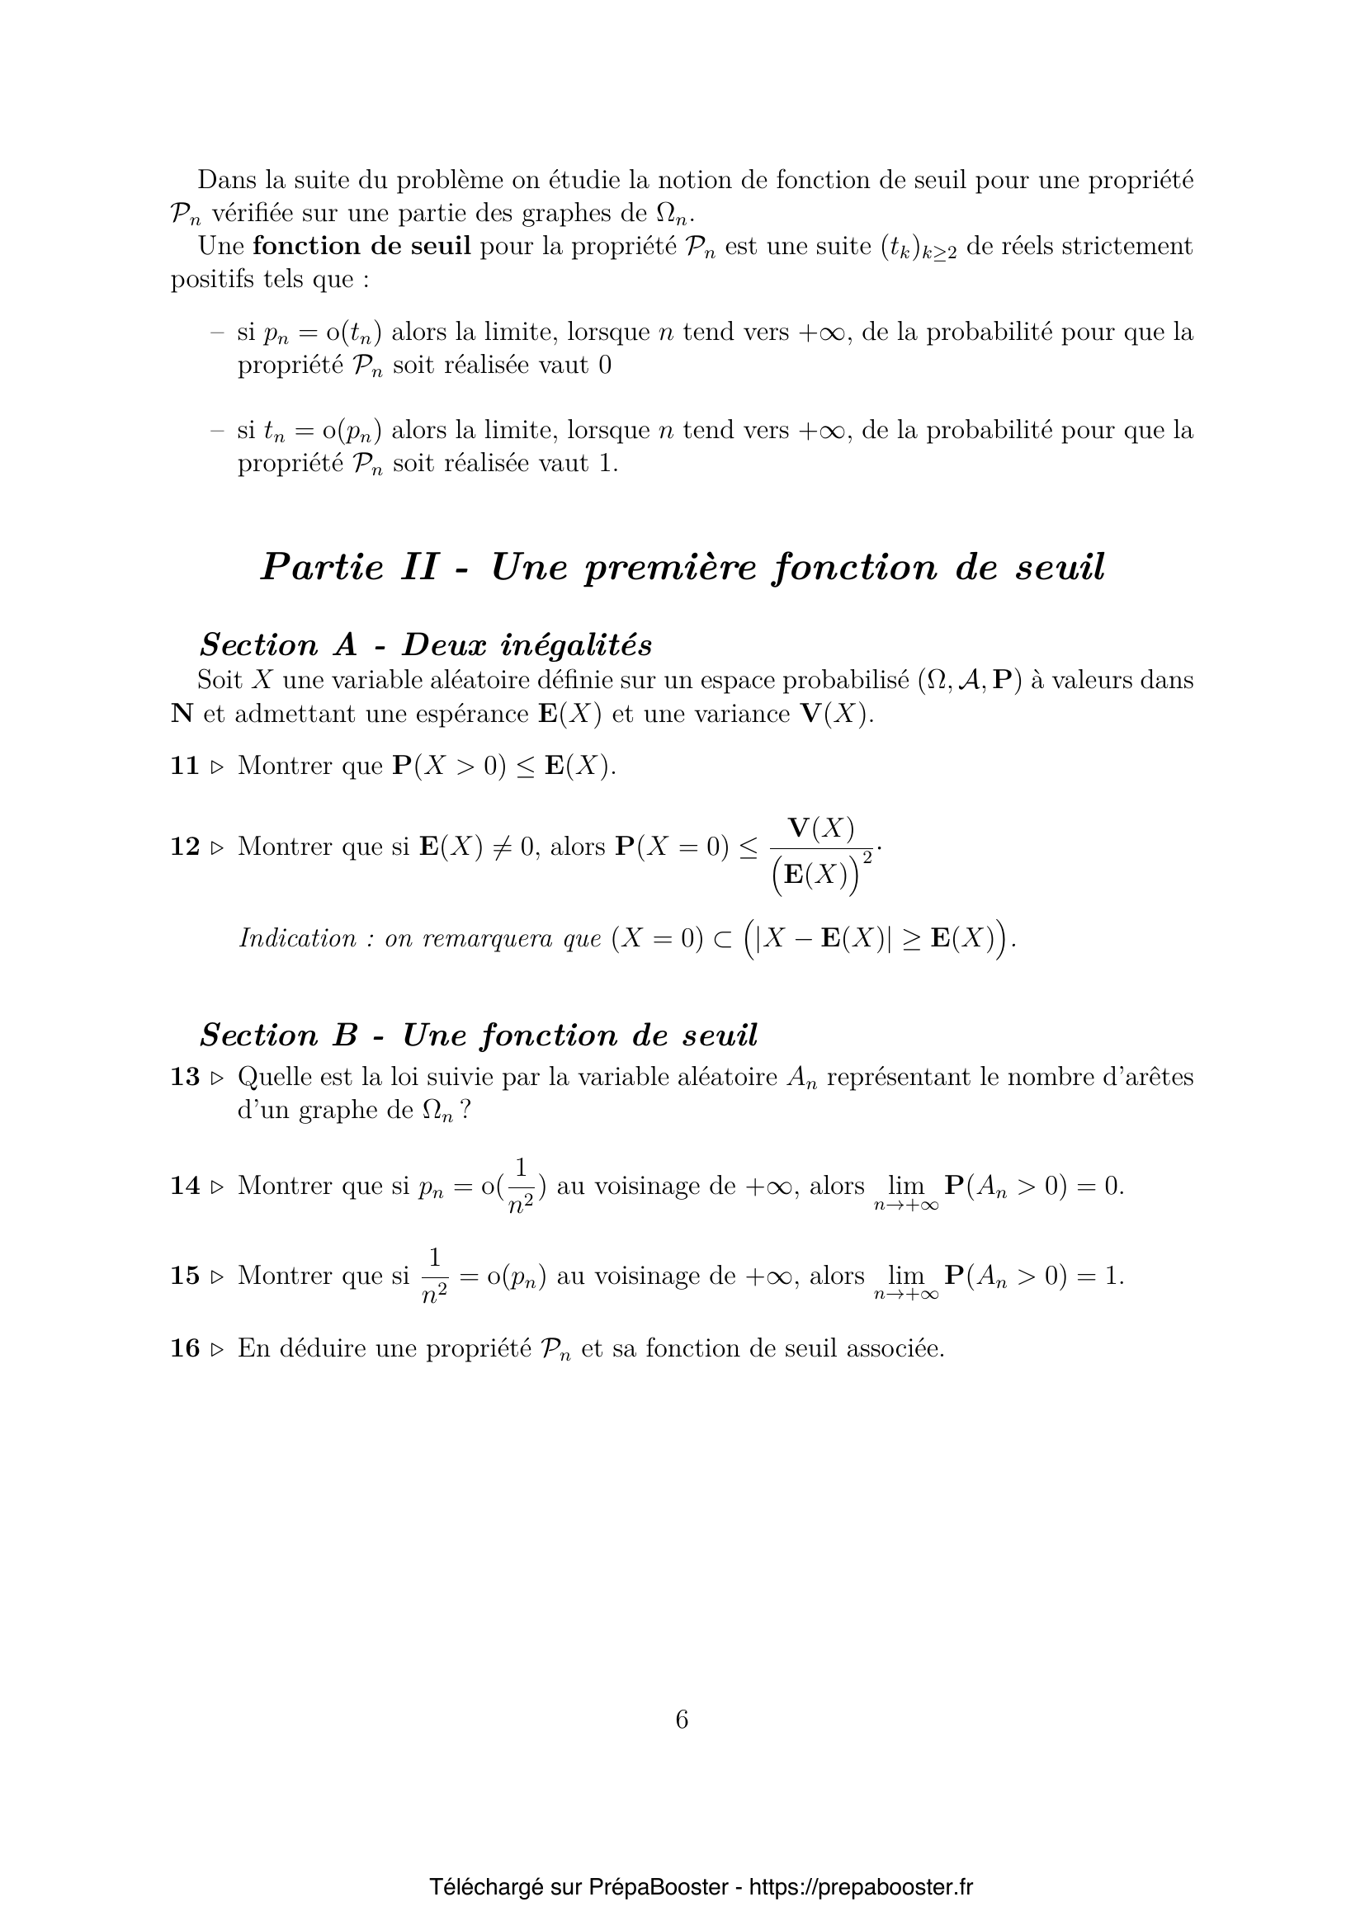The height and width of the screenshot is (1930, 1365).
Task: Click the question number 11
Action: (184, 766)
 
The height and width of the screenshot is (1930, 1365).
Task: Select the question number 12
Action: (184, 847)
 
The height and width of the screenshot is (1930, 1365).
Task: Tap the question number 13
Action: (184, 1077)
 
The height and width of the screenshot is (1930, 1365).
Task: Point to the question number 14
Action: (184, 1186)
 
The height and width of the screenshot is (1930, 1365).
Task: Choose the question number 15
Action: (184, 1276)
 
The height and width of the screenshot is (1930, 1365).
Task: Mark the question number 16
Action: (184, 1348)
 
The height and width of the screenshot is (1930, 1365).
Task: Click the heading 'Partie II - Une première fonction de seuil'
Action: (682, 567)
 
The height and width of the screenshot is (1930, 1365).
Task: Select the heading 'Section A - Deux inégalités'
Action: (425, 644)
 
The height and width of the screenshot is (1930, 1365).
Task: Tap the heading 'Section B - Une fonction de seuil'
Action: (479, 1035)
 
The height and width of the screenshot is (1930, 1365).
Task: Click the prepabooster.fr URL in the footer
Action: (861, 1887)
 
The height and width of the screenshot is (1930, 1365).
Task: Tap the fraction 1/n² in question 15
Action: (434, 1276)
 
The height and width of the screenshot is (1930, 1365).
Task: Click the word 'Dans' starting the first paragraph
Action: (224, 180)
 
